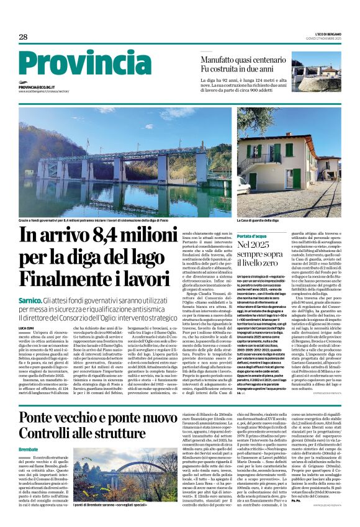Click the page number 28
point(23,37)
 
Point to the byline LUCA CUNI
point(26,327)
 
